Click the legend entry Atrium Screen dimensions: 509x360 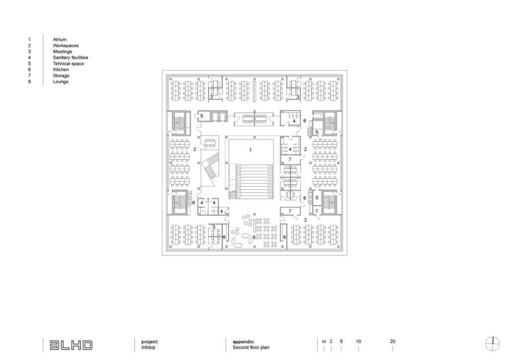pyautogui.click(x=60, y=40)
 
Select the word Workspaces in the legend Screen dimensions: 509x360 pyautogui.click(x=66, y=46)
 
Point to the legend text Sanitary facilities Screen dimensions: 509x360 pyautogui.click(x=71, y=58)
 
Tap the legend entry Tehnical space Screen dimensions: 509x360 pyautogui.click(x=68, y=64)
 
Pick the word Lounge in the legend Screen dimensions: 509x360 pyautogui.click(x=61, y=82)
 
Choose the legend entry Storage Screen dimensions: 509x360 pyautogui.click(x=61, y=76)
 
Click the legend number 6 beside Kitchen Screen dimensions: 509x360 pyautogui.click(x=29, y=70)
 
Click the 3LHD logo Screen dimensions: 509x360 pyautogui.click(x=71, y=345)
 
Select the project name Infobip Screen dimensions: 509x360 pyautogui.click(x=148, y=348)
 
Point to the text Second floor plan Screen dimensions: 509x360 pyautogui.click(x=251, y=348)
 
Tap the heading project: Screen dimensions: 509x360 pyautogui.click(x=150, y=342)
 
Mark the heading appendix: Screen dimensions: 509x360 pyautogui.click(x=244, y=342)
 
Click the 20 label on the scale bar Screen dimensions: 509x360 pyautogui.click(x=393, y=342)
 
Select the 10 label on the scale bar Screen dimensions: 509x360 pyautogui.click(x=358, y=342)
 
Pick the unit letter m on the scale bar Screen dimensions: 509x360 pyautogui.click(x=324, y=342)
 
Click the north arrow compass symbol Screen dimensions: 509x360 pyautogui.click(x=493, y=344)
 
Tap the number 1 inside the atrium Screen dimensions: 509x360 pyautogui.click(x=251, y=150)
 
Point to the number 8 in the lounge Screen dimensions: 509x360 pyautogui.click(x=254, y=237)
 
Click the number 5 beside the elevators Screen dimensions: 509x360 pyautogui.click(x=202, y=116)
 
